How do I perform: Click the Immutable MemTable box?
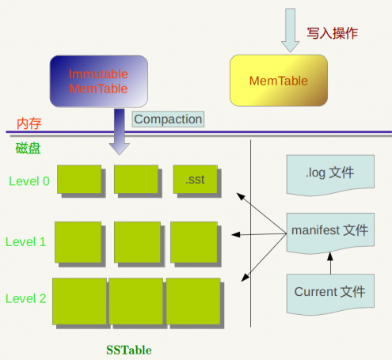98,81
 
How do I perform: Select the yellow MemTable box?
278,81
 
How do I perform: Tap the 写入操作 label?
332,33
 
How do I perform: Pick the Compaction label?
168,119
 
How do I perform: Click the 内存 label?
29,123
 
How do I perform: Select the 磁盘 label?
28,148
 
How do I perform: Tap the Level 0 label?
29,181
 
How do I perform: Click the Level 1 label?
26,241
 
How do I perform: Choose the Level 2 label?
26,298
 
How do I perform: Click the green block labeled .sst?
195,180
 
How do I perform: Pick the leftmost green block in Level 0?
78,180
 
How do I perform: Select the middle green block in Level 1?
137,241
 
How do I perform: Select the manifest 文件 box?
329,231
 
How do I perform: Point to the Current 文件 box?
329,292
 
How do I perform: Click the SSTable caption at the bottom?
128,349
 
